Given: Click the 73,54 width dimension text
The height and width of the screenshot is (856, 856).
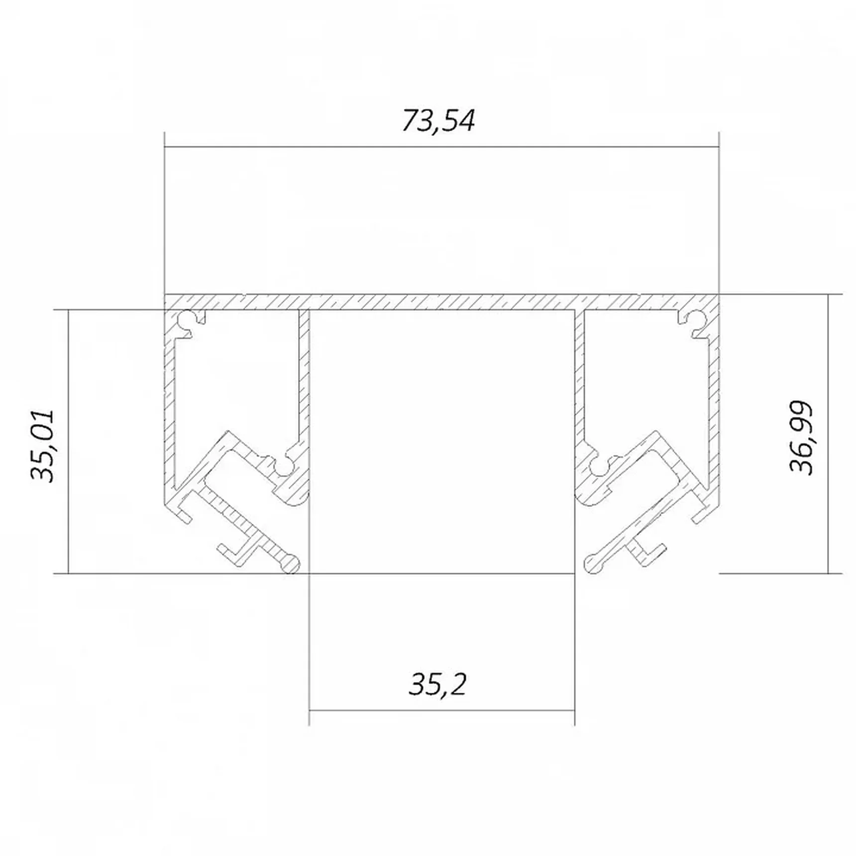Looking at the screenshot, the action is click(438, 120).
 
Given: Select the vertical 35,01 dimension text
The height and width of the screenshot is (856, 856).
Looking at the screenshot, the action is click(43, 446).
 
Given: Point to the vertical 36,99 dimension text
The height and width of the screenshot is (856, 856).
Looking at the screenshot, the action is click(802, 438).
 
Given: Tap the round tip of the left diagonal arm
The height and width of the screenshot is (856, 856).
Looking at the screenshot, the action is click(290, 563).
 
